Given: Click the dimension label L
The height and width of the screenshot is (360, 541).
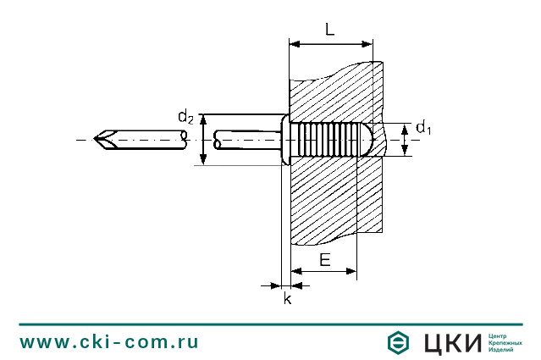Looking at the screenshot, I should point(329,29).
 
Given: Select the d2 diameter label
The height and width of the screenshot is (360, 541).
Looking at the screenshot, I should point(185,117).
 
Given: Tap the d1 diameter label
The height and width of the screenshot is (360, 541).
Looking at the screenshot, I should point(423,129).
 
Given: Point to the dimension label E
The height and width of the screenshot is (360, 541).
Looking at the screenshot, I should point(324,260).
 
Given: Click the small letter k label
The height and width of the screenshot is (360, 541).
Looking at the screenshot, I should point(287,299).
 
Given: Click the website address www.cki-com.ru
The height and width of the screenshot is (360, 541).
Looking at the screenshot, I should point(109,342).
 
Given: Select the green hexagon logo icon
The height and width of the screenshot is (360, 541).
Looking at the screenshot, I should point(400,342).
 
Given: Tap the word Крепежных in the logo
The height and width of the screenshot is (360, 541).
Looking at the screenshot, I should point(505,342).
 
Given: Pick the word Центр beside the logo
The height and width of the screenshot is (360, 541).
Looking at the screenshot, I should point(500,335).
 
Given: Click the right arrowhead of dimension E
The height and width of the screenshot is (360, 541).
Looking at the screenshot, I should point(352,271).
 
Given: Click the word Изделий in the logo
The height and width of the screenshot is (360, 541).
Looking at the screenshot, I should point(502,350).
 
